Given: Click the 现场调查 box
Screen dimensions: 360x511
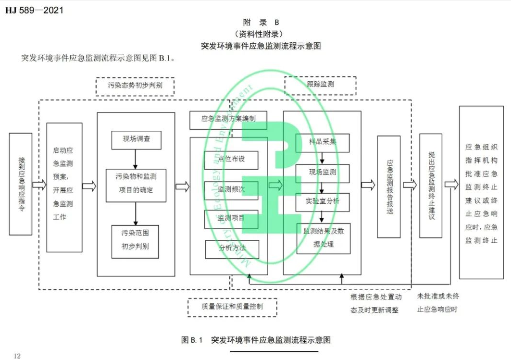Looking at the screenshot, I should pyautogui.click(x=136, y=140).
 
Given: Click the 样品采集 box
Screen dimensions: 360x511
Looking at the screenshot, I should pyautogui.click(x=322, y=143).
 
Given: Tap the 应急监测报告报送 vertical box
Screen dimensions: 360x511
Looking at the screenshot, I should pyautogui.click(x=388, y=186).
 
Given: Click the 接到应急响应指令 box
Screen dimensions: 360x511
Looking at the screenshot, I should pyautogui.click(x=21, y=184).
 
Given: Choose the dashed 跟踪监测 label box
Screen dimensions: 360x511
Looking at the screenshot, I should pyautogui.click(x=320, y=85).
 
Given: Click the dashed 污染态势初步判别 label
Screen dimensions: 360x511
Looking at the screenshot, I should pyautogui.click(x=135, y=87).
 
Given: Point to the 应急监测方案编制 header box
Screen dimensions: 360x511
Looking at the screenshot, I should pyautogui.click(x=228, y=118).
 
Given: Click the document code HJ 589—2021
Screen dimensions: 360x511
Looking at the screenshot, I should pyautogui.click(x=34, y=10).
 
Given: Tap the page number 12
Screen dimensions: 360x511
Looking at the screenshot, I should pyautogui.click(x=17, y=356).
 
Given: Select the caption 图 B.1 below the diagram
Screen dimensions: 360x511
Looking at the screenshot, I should pyautogui.click(x=256, y=340).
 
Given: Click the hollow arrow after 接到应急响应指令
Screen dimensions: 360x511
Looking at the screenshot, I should pyautogui.click(x=39, y=185).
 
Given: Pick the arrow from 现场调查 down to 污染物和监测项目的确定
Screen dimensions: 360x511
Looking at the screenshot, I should pyautogui.click(x=136, y=159).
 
